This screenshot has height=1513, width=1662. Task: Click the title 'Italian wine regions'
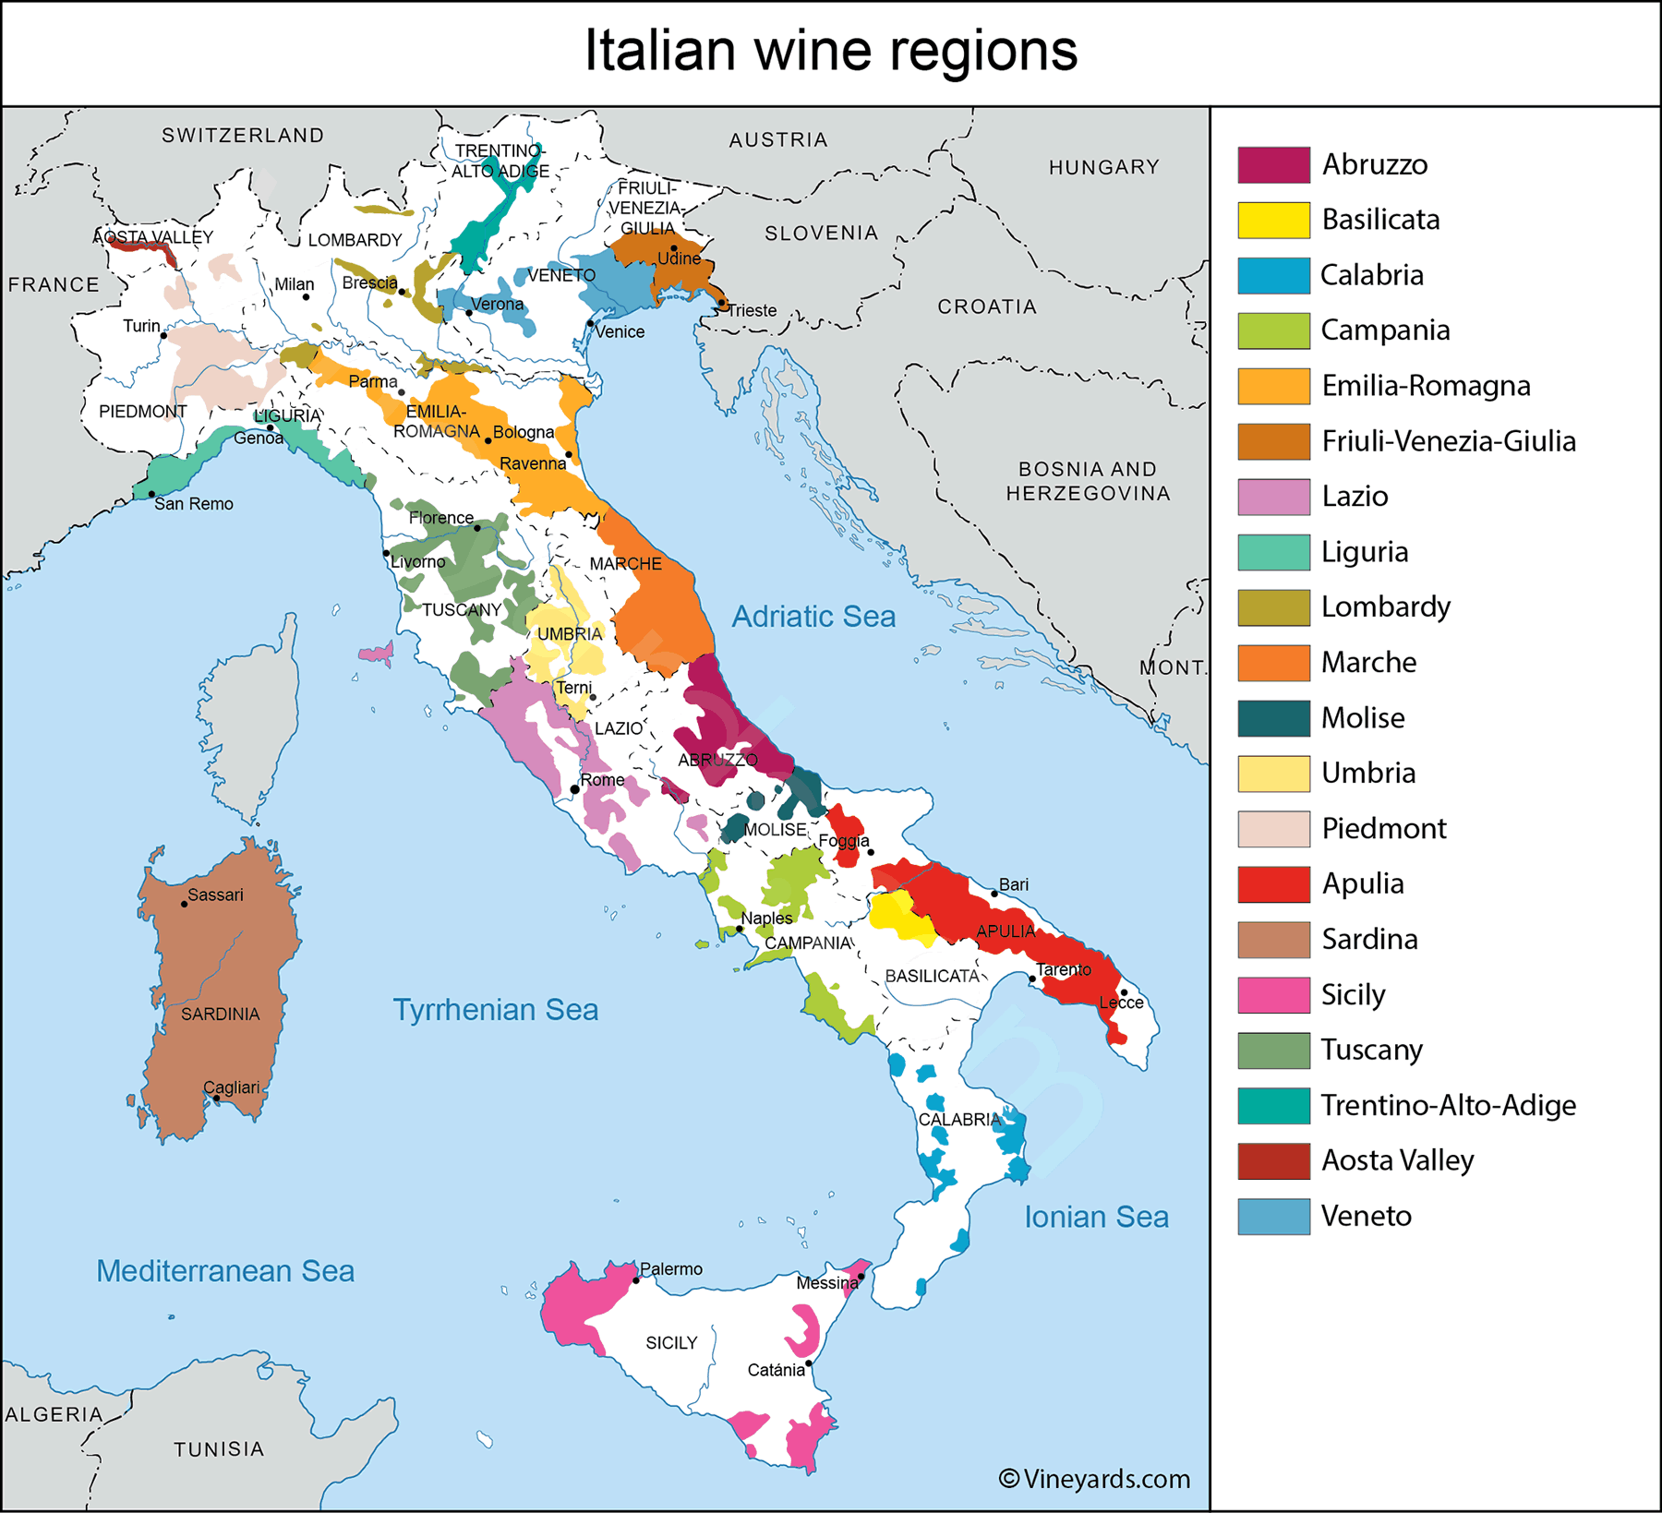tap(831, 51)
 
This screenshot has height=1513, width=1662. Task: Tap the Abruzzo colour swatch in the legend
tap(1273, 165)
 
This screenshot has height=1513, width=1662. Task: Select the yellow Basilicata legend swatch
tap(1273, 221)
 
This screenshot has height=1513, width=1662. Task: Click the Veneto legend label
tap(1366, 1217)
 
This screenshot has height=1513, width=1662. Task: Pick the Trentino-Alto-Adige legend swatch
tap(1273, 1106)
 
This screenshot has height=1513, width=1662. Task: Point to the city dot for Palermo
tap(636, 1280)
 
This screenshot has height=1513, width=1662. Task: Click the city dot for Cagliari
tap(216, 1099)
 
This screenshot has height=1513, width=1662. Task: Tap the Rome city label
tap(602, 780)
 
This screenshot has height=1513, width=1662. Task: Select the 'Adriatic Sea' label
tap(813, 617)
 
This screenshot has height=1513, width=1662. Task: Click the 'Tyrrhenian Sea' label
tap(496, 1010)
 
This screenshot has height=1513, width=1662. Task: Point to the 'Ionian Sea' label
tap(1096, 1217)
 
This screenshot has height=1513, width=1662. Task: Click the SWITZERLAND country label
tap(243, 136)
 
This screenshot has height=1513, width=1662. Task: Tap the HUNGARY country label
tap(1103, 167)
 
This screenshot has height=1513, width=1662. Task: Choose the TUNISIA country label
tap(219, 1449)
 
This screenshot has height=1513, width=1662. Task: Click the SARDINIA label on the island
tap(220, 1015)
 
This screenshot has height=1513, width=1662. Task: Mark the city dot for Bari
tap(994, 894)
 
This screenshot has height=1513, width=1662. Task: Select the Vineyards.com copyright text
tap(1094, 1480)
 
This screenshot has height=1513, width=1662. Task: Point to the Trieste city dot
tap(721, 303)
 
